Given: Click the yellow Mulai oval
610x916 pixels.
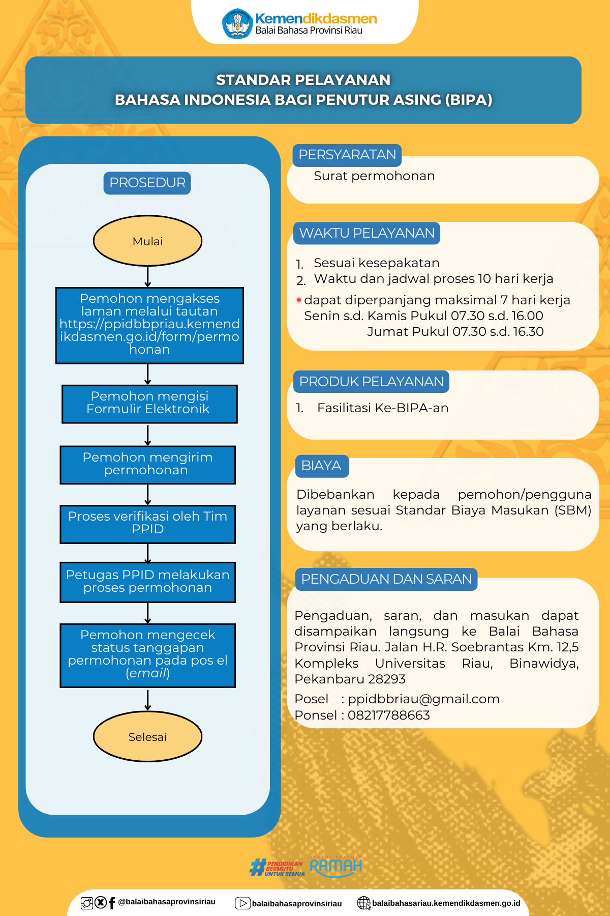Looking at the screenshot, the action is pyautogui.click(x=147, y=241).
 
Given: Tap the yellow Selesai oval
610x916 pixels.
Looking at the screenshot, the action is pyautogui.click(x=147, y=736).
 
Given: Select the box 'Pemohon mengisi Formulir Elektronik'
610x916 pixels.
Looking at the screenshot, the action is pyautogui.click(x=149, y=404).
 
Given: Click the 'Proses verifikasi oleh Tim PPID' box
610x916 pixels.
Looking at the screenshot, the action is pyautogui.click(x=147, y=524).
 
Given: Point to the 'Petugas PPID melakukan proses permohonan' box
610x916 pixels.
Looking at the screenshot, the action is pyautogui.click(x=147, y=582).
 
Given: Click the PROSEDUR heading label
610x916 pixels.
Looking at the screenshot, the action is pyautogui.click(x=147, y=183).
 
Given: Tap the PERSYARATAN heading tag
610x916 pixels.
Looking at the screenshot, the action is pyautogui.click(x=347, y=155).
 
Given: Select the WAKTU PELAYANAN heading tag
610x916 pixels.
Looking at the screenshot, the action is pyautogui.click(x=367, y=233).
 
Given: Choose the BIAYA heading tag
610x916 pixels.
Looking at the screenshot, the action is pyautogui.click(x=322, y=466).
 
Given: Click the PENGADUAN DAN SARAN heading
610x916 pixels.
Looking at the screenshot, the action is pyautogui.click(x=386, y=579).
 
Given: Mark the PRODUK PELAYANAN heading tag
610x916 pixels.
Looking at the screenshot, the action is pyautogui.click(x=371, y=382).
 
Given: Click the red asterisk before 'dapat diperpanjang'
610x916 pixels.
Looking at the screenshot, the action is pyautogui.click(x=299, y=300).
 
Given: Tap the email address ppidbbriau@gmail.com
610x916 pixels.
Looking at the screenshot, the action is pyautogui.click(x=424, y=699).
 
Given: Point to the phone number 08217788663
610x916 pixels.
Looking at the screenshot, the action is pyautogui.click(x=389, y=715).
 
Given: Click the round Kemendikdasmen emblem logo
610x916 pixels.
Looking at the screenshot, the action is pyautogui.click(x=237, y=23).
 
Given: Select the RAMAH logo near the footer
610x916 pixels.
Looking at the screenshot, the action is pyautogui.click(x=336, y=866).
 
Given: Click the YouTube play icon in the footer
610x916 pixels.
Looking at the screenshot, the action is pyautogui.click(x=242, y=903).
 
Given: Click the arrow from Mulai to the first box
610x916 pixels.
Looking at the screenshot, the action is pyautogui.click(x=147, y=277).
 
